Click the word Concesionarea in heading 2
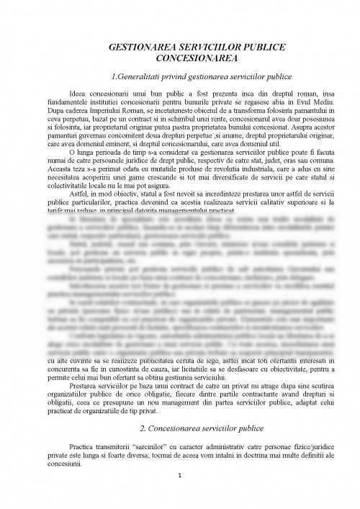click(x=156, y=428)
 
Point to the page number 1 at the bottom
click(x=179, y=495)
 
